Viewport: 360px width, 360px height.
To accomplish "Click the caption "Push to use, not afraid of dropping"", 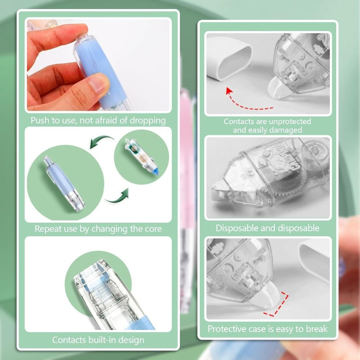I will pyautogui.click(x=98, y=121).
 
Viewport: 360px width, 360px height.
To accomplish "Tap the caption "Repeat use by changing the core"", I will pyautogui.click(x=98, y=229).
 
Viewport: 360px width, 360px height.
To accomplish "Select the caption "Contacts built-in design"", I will pyautogui.click(x=98, y=340).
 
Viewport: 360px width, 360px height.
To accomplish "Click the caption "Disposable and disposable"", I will pyautogui.click(x=267, y=228).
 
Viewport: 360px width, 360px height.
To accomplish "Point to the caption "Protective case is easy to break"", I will pyautogui.click(x=267, y=329).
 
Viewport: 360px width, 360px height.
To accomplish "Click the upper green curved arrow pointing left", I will pyautogui.click(x=102, y=141).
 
